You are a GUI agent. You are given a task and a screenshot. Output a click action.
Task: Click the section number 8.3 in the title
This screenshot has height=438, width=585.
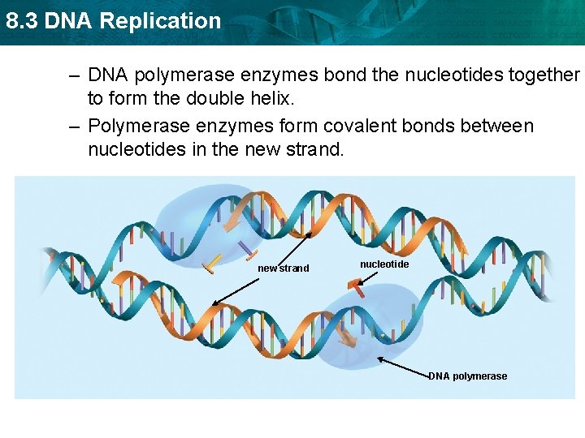pyautogui.click(x=22, y=21)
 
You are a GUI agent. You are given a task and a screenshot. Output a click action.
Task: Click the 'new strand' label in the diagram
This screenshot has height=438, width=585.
pyautogui.click(x=283, y=268)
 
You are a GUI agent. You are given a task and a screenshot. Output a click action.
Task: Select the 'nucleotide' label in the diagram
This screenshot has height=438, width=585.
pyautogui.click(x=384, y=264)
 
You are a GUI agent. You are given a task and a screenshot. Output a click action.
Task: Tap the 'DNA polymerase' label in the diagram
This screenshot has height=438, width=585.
pyautogui.click(x=467, y=376)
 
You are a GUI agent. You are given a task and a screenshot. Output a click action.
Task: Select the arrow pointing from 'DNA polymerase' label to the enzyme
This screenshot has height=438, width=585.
pyautogui.click(x=404, y=366)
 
